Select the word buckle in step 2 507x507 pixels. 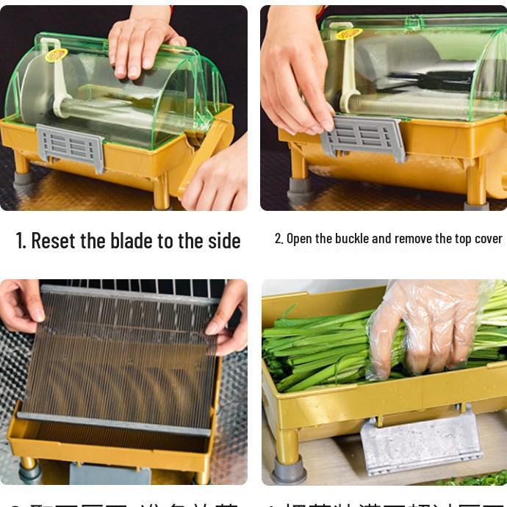tap(350, 239)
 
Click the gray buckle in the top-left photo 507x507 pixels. tap(71, 147)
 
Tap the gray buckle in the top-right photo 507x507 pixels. tap(364, 136)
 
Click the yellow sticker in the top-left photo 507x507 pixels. tap(57, 54)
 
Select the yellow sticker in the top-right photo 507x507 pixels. tap(349, 33)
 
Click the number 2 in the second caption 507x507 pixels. tap(278, 239)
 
